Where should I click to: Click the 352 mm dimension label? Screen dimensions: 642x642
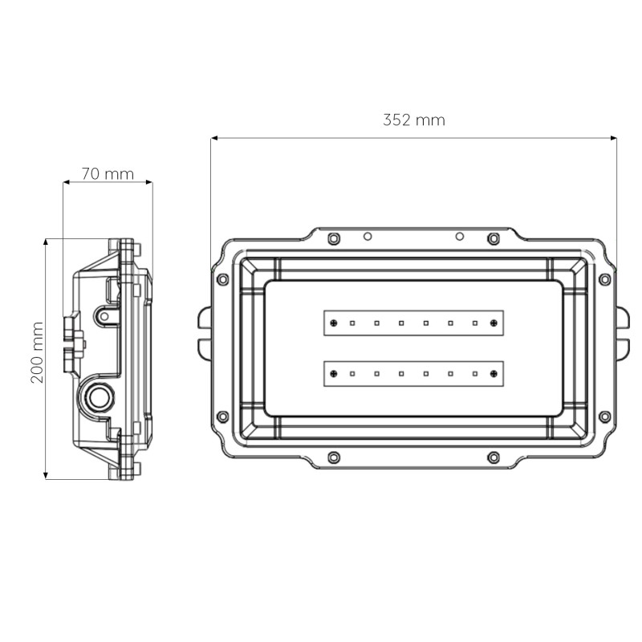coord(413,120)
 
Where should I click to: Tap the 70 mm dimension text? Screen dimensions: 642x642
coord(108,174)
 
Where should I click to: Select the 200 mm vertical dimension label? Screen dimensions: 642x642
coord(37,352)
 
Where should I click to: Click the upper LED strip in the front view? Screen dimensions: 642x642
coord(413,323)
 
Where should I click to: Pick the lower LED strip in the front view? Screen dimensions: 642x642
coord(413,373)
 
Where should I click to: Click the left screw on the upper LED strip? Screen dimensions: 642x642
coord(332,323)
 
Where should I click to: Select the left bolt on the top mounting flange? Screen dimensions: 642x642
coord(334,238)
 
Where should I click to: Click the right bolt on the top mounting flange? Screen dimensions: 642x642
coord(494,238)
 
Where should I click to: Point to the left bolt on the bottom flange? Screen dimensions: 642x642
coord(334,457)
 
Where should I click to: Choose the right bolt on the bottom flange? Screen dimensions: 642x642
coord(494,457)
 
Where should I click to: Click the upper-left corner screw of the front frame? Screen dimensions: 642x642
coord(223,279)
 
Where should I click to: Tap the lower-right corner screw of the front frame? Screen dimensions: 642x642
coord(604,416)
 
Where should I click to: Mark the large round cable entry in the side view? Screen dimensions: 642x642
coord(100,396)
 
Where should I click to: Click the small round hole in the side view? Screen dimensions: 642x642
coord(103,316)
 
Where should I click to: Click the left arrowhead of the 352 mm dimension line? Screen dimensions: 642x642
coord(214,138)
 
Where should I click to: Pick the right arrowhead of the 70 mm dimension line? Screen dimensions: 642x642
coord(149,182)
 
